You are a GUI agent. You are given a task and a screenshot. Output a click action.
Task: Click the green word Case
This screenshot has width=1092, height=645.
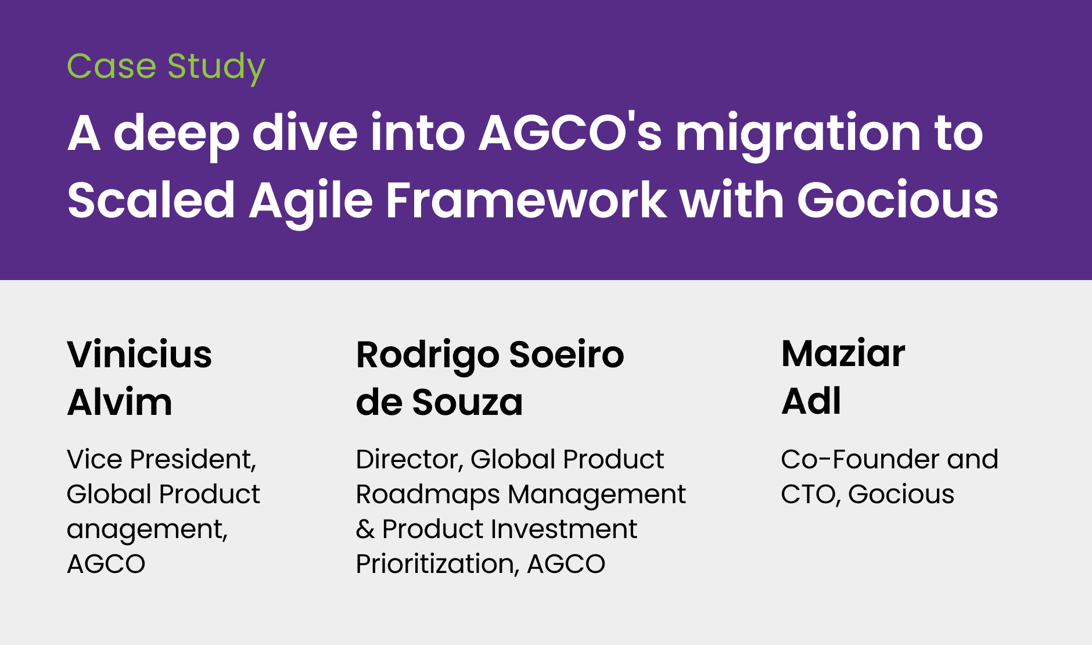click(112, 66)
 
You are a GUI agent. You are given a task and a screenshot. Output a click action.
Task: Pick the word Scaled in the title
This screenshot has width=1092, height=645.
click(151, 200)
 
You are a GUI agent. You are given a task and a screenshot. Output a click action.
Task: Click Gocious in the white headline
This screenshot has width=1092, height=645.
click(897, 200)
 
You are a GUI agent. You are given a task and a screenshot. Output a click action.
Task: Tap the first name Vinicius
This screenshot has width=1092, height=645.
click(139, 354)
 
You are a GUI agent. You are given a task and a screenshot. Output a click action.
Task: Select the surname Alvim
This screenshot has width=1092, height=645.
click(120, 402)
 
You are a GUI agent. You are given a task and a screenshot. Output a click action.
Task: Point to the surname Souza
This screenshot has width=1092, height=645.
click(468, 402)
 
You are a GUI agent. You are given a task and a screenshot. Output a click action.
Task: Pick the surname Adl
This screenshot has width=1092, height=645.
click(811, 401)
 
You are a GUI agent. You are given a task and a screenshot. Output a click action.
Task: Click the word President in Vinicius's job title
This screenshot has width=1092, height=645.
click(193, 460)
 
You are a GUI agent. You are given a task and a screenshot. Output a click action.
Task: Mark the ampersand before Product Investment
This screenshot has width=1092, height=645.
click(365, 529)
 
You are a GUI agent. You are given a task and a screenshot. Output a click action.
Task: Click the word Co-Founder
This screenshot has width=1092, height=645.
click(860, 460)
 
